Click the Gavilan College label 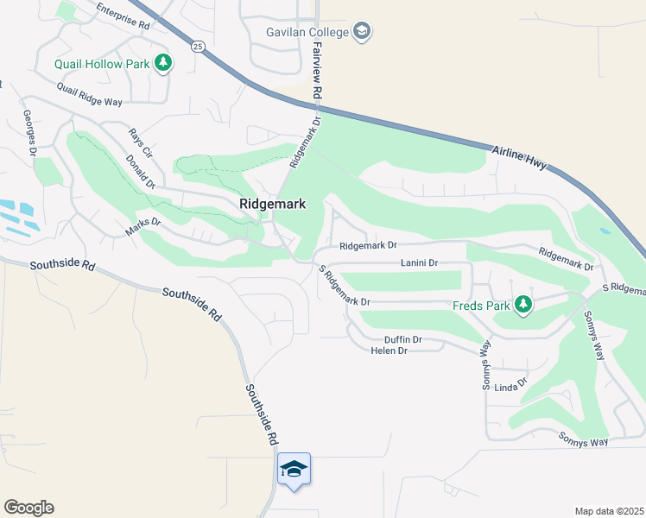[x=307, y=32]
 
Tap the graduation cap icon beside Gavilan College [x=363, y=32]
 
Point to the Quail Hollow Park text [x=102, y=63]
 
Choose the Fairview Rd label [x=317, y=70]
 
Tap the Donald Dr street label [x=139, y=171]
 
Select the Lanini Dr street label [x=419, y=262]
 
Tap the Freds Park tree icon [x=522, y=304]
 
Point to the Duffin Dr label [x=402, y=339]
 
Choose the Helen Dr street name [x=389, y=351]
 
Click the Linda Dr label [x=510, y=385]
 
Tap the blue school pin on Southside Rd [x=294, y=469]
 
